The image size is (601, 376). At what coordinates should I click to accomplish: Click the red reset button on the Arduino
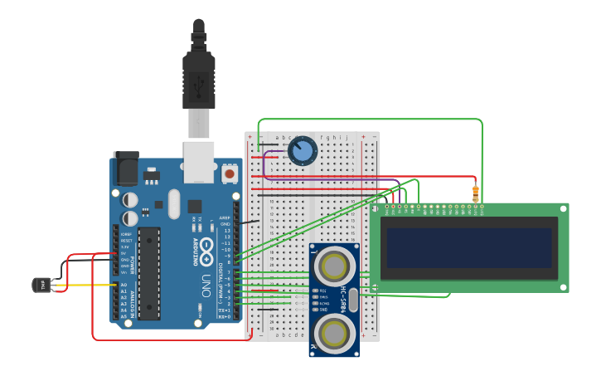pos(230,174)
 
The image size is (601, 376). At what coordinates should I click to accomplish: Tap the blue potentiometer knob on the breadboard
pos(303,151)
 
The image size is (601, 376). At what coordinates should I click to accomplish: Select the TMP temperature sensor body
pos(40,285)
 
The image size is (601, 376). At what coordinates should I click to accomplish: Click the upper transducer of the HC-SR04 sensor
pos(334,266)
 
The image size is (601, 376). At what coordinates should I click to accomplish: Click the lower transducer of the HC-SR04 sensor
pos(334,334)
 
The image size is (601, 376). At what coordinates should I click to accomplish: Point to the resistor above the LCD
pos(475,193)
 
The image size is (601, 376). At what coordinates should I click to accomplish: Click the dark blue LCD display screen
pos(469,248)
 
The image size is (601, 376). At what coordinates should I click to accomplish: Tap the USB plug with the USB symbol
pos(199,83)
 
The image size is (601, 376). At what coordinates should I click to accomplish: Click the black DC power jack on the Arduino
pos(126,170)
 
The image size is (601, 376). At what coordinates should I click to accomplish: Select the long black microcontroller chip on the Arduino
pos(149,272)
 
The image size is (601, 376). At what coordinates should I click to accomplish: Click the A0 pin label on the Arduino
pos(124,286)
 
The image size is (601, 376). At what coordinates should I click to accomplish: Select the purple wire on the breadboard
pos(332,178)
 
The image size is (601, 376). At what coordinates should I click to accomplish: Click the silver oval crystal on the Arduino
pos(172,203)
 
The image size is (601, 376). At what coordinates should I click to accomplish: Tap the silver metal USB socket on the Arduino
pos(199,161)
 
